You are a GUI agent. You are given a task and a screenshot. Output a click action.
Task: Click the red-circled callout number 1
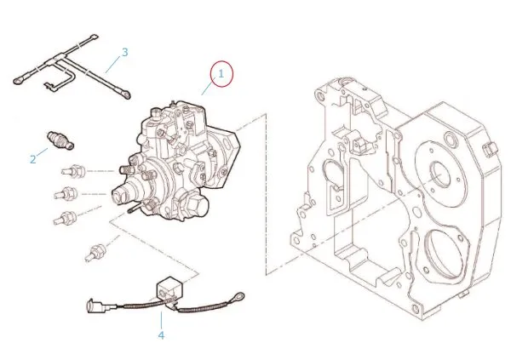coord(221,74)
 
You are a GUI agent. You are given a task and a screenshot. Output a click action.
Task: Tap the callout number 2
coord(33,158)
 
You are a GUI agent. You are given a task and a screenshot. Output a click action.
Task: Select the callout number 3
coord(124,53)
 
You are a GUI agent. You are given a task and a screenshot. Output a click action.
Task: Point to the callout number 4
coord(161,334)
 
